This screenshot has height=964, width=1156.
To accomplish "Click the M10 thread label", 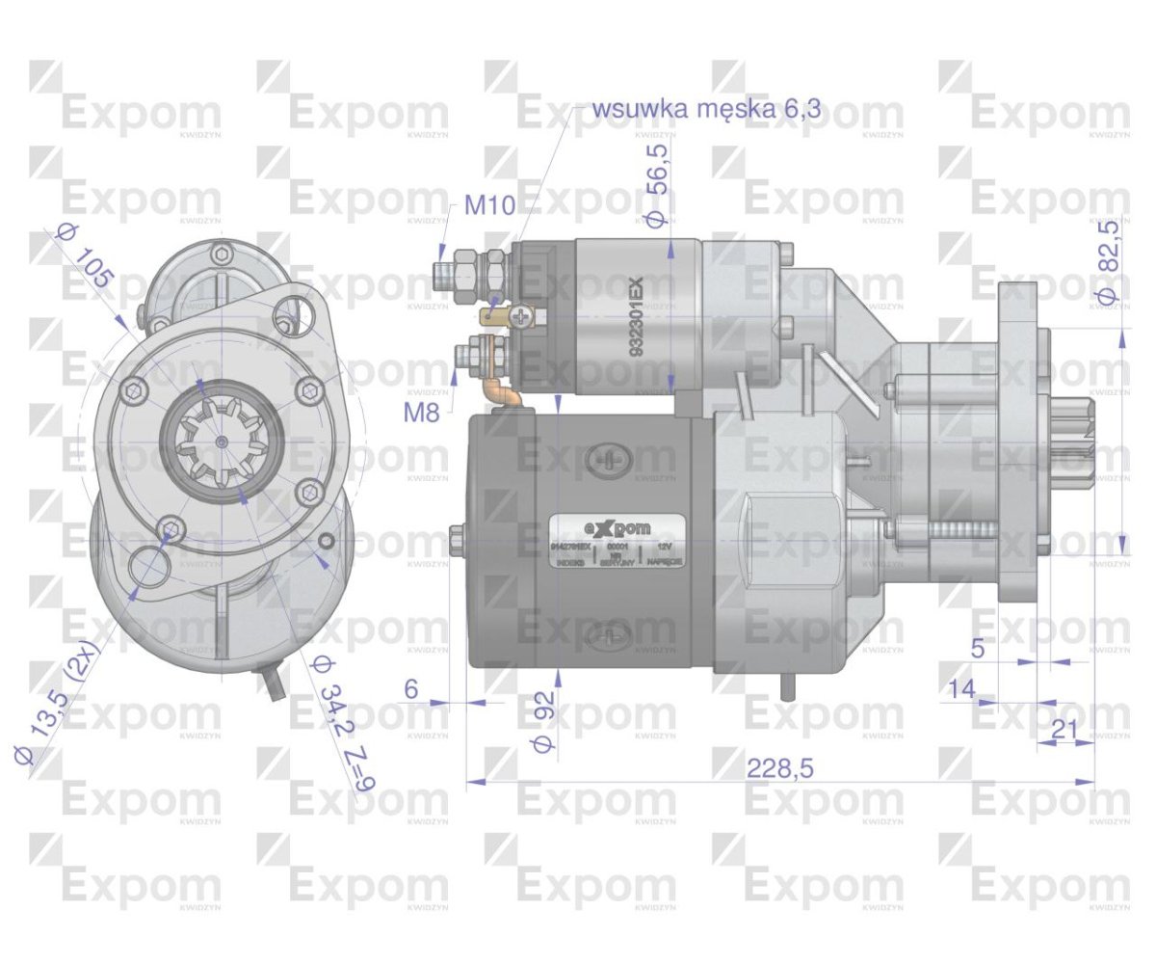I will [x=488, y=204].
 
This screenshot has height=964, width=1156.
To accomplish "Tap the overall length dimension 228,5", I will [x=780, y=767].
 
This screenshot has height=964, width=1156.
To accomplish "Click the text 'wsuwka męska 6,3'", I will [x=707, y=108].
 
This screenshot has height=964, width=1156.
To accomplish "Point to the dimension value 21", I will [x=1064, y=730].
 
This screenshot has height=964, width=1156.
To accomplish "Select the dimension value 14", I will [x=960, y=688].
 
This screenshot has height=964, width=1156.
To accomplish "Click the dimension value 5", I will [x=978, y=648].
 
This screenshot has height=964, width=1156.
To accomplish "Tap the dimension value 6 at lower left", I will [x=411, y=688].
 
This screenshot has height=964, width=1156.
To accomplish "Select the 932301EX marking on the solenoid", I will [x=638, y=318].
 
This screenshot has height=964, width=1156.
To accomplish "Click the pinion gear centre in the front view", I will [x=223, y=441].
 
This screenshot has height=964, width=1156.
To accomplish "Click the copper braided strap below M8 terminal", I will [x=498, y=391].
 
